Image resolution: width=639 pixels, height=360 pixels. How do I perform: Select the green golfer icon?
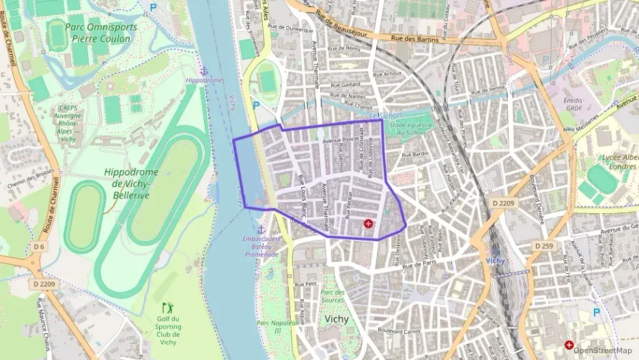pyautogui.click(x=167, y=308)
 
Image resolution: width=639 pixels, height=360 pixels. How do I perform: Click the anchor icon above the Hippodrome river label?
pyautogui.click(x=203, y=71)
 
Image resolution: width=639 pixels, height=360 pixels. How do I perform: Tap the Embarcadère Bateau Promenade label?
pyautogui.click(x=261, y=246)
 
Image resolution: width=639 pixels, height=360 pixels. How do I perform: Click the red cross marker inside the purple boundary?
pyautogui.click(x=369, y=223)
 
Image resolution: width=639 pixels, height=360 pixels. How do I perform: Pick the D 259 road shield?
pyautogui.click(x=543, y=245)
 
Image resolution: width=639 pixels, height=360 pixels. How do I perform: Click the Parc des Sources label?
pyautogui.click(x=332, y=296)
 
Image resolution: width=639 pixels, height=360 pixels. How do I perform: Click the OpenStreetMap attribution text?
pyautogui.click(x=603, y=350)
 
